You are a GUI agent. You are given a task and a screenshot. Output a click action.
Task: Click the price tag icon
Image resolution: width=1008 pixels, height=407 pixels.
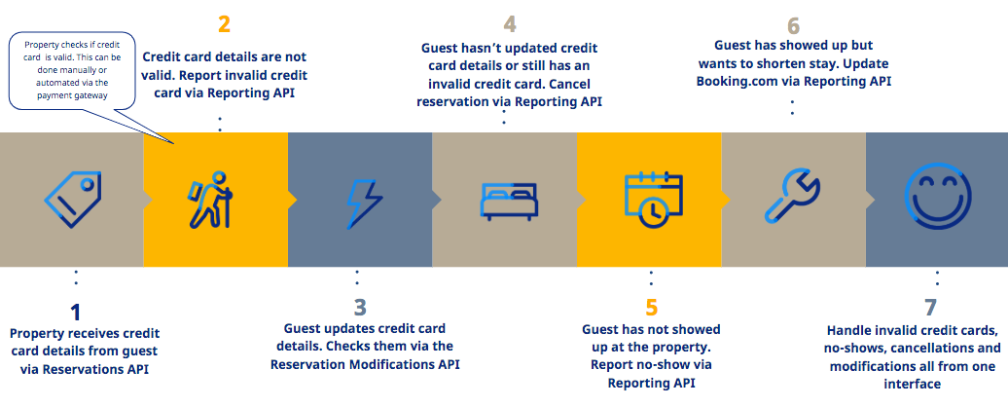tap(73, 200)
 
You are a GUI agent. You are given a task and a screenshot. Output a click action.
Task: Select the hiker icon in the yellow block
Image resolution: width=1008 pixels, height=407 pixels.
tap(210, 200)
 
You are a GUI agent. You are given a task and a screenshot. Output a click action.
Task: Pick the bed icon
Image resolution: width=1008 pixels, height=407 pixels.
tap(509, 201)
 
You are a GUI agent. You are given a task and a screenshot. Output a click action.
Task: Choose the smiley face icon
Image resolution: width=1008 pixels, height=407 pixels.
tap(937, 196)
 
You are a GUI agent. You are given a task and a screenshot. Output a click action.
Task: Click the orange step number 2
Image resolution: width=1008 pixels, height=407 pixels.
tap(224, 25)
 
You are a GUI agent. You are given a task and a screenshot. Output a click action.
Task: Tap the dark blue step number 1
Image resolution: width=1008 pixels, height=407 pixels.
tap(76, 313)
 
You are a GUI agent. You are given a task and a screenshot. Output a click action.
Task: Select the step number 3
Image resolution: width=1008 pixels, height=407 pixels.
tap(360, 308)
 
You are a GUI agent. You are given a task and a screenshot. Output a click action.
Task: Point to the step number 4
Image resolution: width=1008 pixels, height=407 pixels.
tap(510, 24)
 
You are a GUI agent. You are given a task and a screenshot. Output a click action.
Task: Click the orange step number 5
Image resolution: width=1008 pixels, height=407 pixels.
tap(652, 308)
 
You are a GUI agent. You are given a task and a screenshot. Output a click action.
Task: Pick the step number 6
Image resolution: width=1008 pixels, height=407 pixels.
tap(793, 25)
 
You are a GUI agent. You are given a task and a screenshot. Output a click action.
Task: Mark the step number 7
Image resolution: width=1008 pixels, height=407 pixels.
tap(930, 308)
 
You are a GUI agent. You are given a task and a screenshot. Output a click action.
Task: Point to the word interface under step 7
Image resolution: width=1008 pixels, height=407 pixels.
tap(913, 384)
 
